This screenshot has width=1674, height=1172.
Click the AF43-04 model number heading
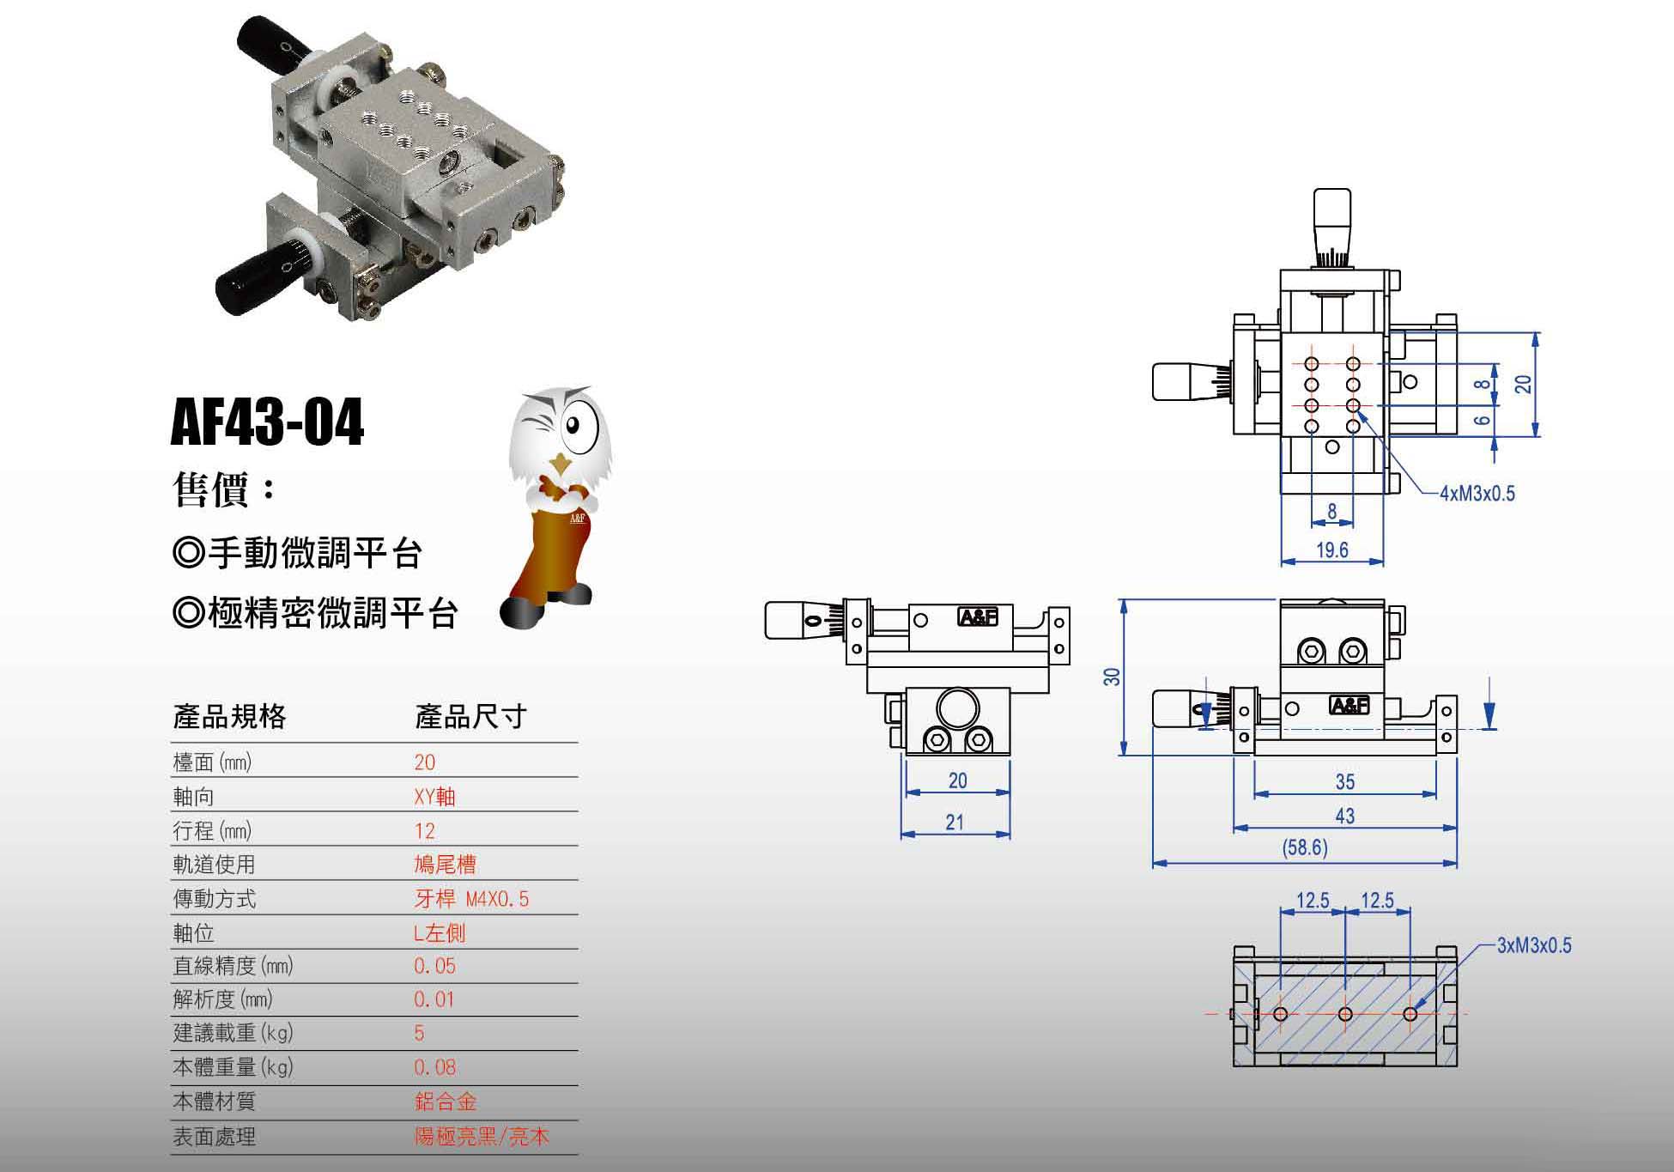pyautogui.click(x=267, y=422)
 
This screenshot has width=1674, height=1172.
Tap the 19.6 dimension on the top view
pyautogui.click(x=1331, y=550)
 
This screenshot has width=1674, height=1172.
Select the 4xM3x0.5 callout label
pyautogui.click(x=1477, y=494)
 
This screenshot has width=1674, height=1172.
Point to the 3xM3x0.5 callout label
pyautogui.click(x=1534, y=945)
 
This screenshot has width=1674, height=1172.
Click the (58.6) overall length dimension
pyautogui.click(x=1305, y=848)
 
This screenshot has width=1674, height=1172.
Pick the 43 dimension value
pyautogui.click(x=1344, y=816)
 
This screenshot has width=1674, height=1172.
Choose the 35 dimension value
pyautogui.click(x=1344, y=781)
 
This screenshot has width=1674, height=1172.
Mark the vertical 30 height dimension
pyautogui.click(x=1112, y=677)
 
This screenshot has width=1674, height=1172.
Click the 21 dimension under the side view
pyautogui.click(x=955, y=822)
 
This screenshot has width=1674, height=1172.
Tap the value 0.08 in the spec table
pyautogui.click(x=434, y=1067)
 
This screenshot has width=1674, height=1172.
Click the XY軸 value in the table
pyautogui.click(x=434, y=797)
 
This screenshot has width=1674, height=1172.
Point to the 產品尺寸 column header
pyautogui.click(x=470, y=716)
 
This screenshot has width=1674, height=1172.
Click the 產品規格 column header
pyautogui.click(x=229, y=716)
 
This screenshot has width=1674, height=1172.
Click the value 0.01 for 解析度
pyautogui.click(x=434, y=999)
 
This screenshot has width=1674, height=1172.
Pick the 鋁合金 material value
pyautogui.click(x=445, y=1102)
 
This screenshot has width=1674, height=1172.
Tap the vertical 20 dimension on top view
pyautogui.click(x=1524, y=384)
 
